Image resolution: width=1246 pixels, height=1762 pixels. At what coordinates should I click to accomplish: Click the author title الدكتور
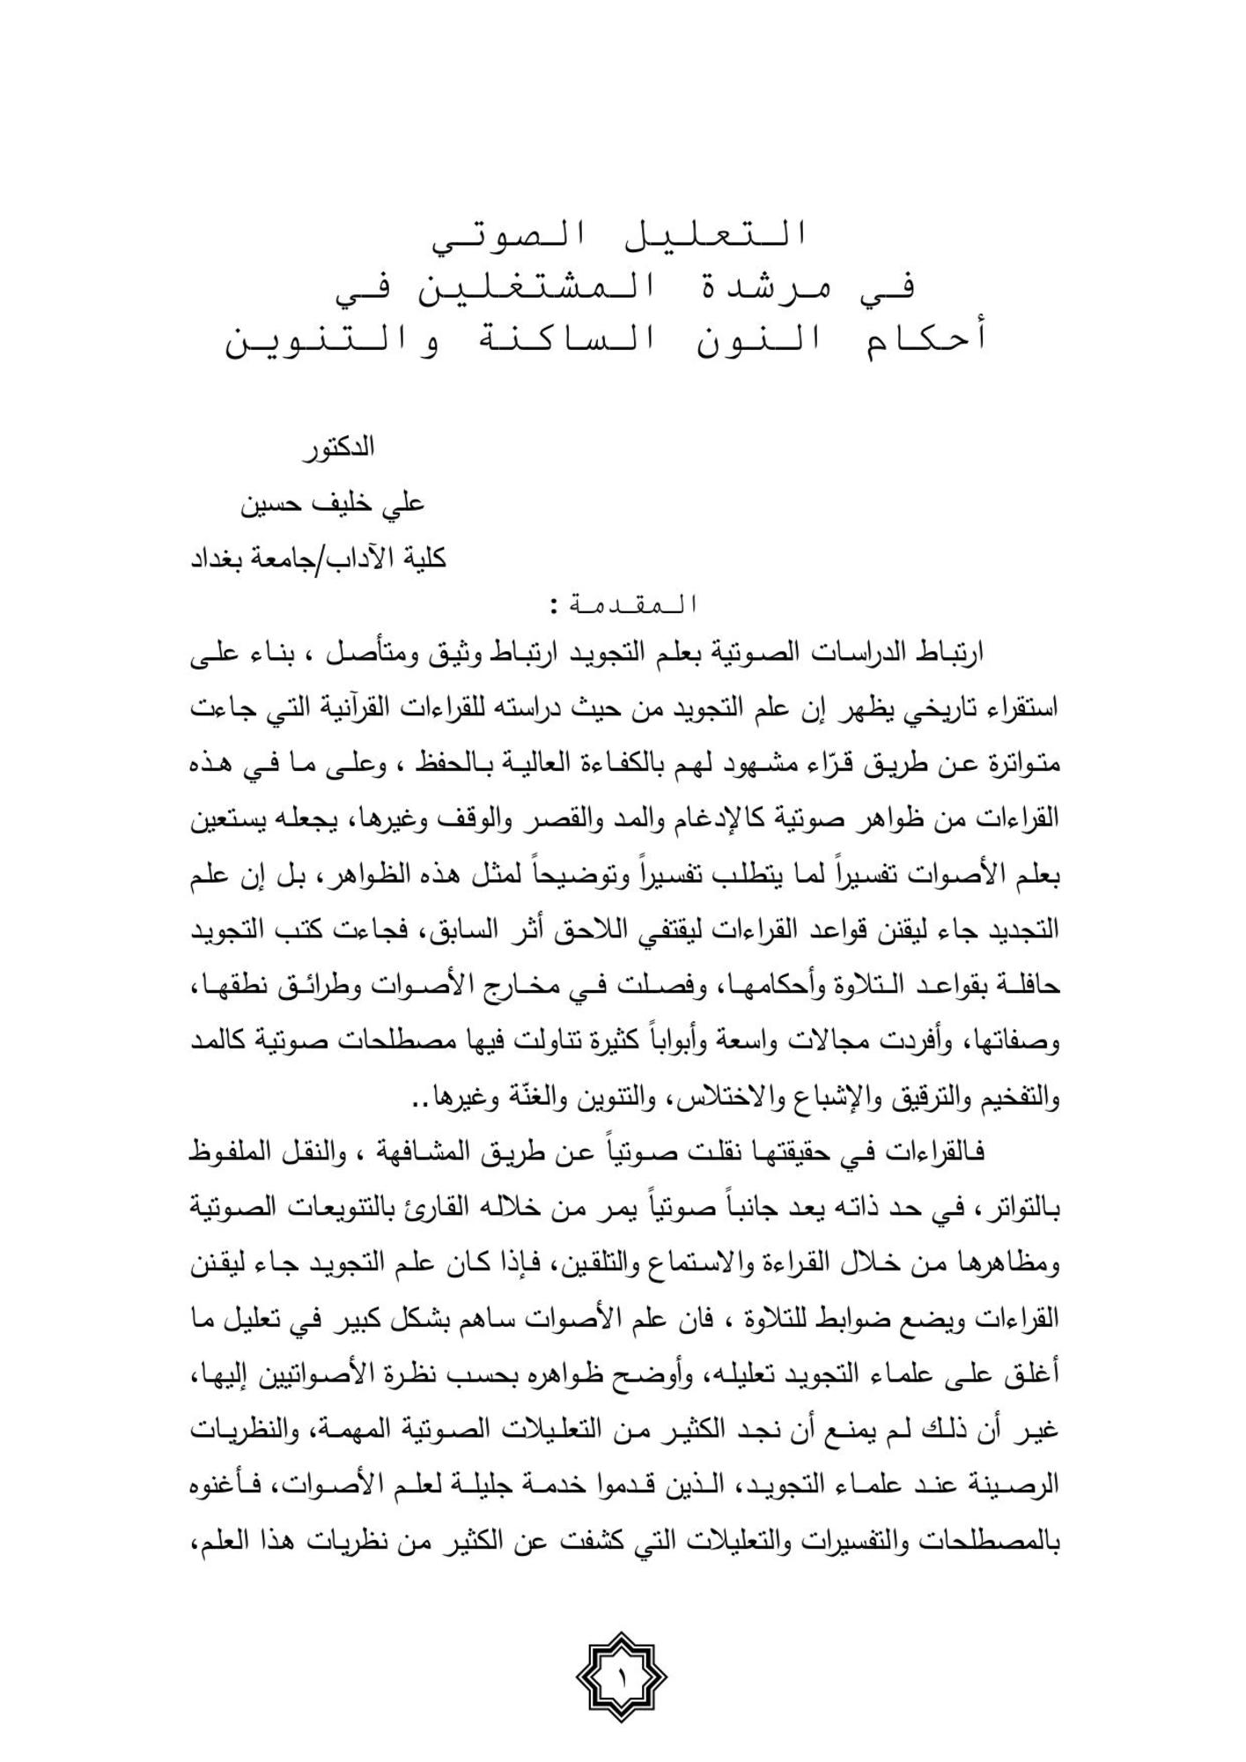338,448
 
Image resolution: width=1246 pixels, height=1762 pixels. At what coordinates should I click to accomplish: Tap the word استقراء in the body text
1021,707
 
